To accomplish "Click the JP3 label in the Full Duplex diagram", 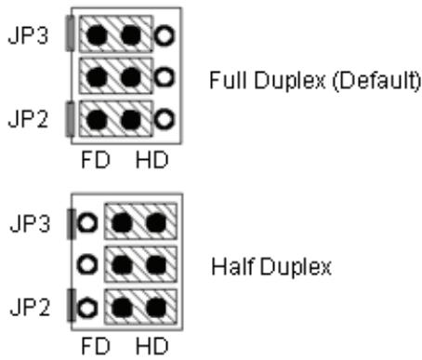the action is pyautogui.click(x=28, y=35).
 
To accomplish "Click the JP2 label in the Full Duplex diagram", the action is pyautogui.click(x=28, y=119).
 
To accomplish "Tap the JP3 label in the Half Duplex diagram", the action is pyautogui.click(x=30, y=223).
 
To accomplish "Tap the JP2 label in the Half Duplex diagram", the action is pyautogui.click(x=30, y=307).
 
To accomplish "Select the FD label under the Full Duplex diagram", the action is pyautogui.click(x=96, y=160).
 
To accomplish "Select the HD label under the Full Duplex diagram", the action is pyautogui.click(x=152, y=160).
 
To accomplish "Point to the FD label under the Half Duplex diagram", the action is pyautogui.click(x=96, y=346).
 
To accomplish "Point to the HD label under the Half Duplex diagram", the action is pyautogui.click(x=152, y=346).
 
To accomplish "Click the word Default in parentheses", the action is pyautogui.click(x=376, y=80).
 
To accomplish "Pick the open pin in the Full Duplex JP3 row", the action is pyautogui.click(x=164, y=35).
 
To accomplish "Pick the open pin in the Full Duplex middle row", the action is pyautogui.click(x=164, y=77).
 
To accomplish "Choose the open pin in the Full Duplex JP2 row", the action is pyautogui.click(x=164, y=119).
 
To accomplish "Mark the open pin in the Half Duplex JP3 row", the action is pyautogui.click(x=87, y=223).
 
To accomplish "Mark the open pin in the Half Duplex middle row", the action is pyautogui.click(x=87, y=265).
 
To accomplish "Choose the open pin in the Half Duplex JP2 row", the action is pyautogui.click(x=87, y=308).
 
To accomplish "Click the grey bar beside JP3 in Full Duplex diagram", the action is pyautogui.click(x=71, y=33).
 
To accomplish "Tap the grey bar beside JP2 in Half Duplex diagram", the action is pyautogui.click(x=72, y=305).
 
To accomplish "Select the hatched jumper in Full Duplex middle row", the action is pyautogui.click(x=116, y=76).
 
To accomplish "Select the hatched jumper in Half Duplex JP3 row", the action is pyautogui.click(x=140, y=221).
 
